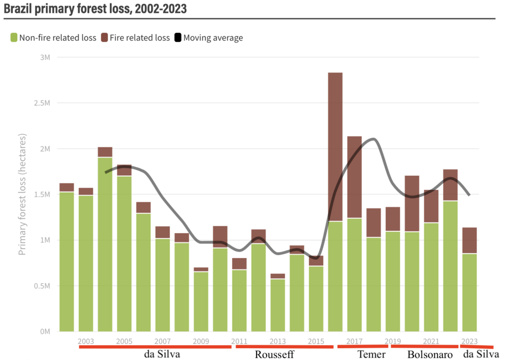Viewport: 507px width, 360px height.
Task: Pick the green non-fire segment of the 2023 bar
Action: (x=469, y=292)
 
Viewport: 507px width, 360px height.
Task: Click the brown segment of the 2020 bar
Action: (x=412, y=204)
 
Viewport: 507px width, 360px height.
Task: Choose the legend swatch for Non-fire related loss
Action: (x=13, y=38)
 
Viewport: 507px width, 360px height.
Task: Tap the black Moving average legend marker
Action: (x=178, y=38)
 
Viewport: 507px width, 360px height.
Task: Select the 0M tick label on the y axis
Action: (x=44, y=331)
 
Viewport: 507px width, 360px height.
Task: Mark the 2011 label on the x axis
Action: (x=239, y=341)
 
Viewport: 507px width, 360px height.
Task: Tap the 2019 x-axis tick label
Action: (x=393, y=341)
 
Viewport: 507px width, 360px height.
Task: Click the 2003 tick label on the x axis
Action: (x=86, y=341)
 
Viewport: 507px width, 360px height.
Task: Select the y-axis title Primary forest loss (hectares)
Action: (x=22, y=194)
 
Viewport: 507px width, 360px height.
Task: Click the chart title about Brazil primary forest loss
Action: (x=95, y=8)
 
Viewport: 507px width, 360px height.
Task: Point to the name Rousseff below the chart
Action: (x=274, y=354)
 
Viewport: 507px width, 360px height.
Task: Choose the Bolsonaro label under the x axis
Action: (x=430, y=355)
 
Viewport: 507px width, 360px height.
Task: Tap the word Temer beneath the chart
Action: (x=371, y=354)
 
